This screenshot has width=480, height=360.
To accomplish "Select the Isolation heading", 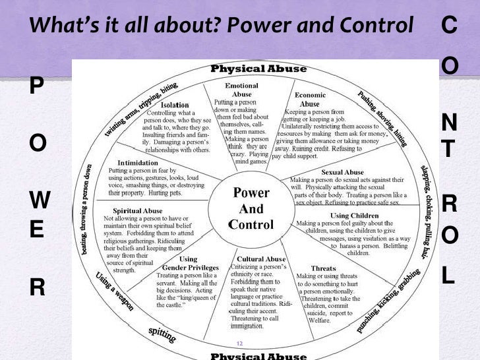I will pos(175,105).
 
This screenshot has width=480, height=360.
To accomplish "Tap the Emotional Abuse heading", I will pos(241,90).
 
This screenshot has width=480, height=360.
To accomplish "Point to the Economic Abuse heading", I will pos(310,100).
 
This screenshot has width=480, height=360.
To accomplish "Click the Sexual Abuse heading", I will pos(342,172).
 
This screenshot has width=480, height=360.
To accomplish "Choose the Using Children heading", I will pos(353,216).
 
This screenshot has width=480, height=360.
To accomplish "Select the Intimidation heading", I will pos(137,162).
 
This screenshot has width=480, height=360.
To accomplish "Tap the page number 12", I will pos(239,344).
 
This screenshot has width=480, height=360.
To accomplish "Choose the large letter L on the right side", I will pos(448,276).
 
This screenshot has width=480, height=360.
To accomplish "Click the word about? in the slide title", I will pos(191,26).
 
